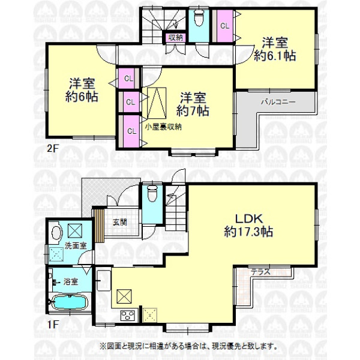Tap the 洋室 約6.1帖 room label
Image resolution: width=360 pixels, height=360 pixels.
pos(275,50)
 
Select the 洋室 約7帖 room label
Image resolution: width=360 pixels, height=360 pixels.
pos(193,104)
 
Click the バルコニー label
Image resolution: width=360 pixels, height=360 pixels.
pos(277,103)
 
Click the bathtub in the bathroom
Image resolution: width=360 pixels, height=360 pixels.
pos(71,302)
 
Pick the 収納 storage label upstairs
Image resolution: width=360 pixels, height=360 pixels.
pos(175,38)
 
